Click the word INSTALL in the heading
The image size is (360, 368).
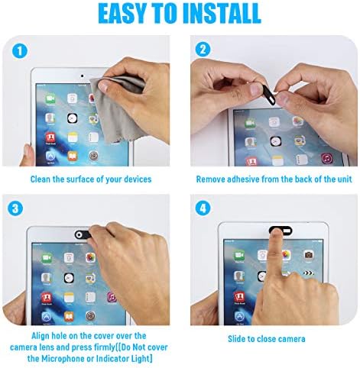(x=222, y=14)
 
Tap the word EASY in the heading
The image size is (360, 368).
(x=123, y=14)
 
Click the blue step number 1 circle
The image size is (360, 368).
(x=20, y=51)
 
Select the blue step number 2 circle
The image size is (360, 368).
(x=203, y=50)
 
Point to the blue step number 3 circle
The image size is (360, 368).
(x=15, y=208)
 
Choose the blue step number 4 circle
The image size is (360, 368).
(x=203, y=208)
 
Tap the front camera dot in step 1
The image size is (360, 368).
(x=82, y=76)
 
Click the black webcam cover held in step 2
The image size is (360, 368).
(x=269, y=95)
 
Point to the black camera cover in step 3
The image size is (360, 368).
(x=83, y=234)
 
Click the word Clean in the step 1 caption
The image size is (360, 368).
(x=41, y=179)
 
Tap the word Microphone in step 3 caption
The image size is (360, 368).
(x=63, y=359)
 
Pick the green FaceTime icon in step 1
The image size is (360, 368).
(x=50, y=98)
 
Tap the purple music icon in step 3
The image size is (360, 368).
(x=112, y=297)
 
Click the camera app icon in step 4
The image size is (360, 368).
(x=308, y=254)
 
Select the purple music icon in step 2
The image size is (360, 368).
(x=326, y=159)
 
